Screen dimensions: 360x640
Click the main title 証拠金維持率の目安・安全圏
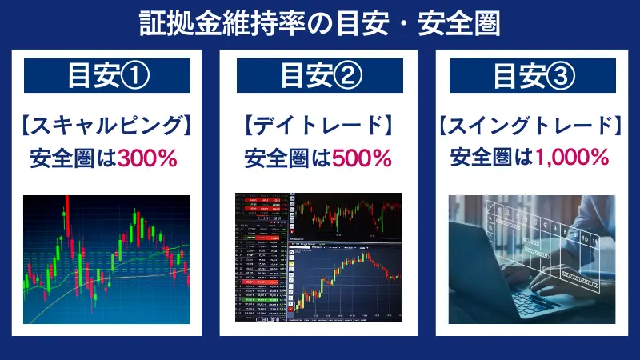pos(320,22)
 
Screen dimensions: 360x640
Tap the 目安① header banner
pos(107,78)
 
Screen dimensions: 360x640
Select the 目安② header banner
pos(320,78)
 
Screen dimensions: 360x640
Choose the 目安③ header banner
pos(532,78)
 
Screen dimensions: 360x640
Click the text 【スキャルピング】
pos(107,126)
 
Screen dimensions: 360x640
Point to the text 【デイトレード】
pos(320,126)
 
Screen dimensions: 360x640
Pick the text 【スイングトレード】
pos(532,126)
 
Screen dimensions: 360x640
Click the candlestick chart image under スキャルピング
pos(107,257)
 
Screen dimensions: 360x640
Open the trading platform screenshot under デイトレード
pos(320,257)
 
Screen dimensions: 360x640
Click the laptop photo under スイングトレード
pos(532,257)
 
